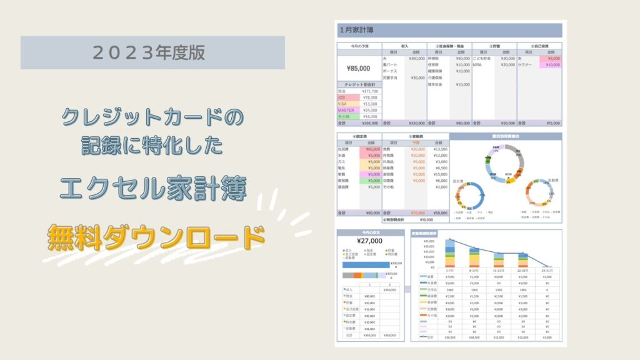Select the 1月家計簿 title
tap(358, 29)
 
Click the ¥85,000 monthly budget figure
tap(359, 68)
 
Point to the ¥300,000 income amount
tap(416, 58)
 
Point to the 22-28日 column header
tap(524, 271)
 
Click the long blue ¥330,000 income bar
tap(366, 264)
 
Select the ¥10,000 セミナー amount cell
tap(552, 64)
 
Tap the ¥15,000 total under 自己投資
tap(552, 123)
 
